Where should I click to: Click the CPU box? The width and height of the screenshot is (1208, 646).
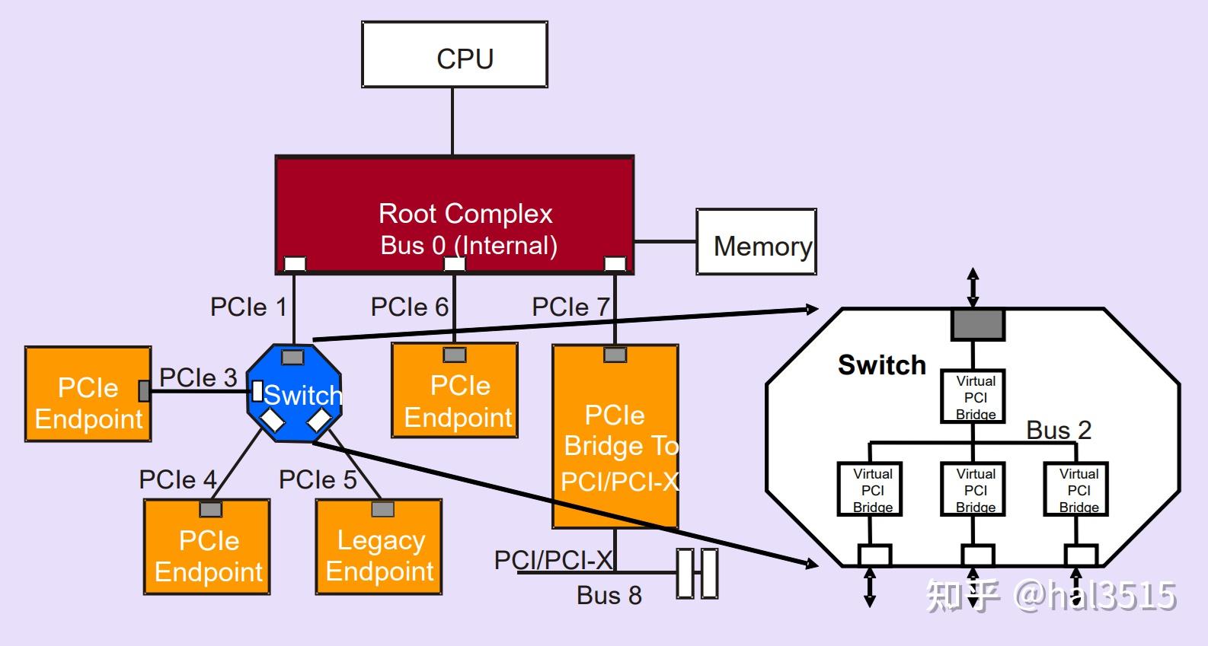[x=454, y=55]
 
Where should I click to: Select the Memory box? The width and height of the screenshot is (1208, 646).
[x=756, y=242]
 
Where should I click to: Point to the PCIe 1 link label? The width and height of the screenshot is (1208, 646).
[x=248, y=307]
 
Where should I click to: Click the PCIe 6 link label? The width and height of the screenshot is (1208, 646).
[x=409, y=307]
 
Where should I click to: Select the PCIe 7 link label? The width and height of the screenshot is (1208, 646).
[x=570, y=307]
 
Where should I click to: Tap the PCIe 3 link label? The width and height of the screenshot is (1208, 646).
[x=198, y=377]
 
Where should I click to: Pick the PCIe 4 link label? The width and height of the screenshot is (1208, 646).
[x=177, y=480]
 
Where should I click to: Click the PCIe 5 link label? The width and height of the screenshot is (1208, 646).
[x=318, y=480]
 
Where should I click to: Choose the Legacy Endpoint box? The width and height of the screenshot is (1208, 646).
[x=379, y=547]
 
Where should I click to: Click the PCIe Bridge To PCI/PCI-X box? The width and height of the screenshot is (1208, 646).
[x=615, y=438]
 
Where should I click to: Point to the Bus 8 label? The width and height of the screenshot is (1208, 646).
[x=609, y=595]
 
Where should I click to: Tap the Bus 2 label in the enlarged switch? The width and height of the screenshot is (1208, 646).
[x=1059, y=430]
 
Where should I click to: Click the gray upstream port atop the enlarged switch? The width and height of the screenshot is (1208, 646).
[x=977, y=325]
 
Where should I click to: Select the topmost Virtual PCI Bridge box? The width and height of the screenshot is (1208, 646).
[x=975, y=396]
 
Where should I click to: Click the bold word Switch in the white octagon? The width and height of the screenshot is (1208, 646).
[x=881, y=365]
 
